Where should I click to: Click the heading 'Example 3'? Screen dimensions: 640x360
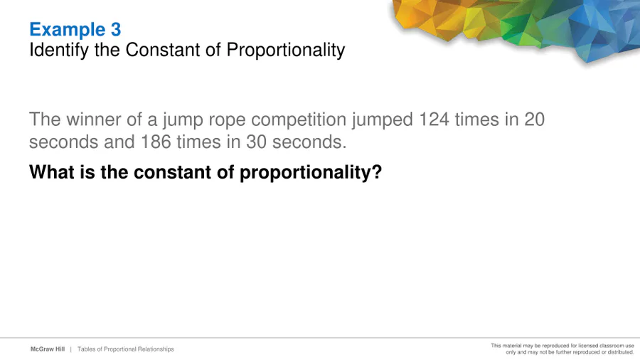(75, 29)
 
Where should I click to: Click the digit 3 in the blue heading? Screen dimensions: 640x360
(116, 29)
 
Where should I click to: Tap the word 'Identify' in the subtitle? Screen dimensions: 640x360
(59, 51)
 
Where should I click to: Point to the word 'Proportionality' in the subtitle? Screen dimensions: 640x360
(286, 51)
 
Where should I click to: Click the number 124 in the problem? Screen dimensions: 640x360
(434, 120)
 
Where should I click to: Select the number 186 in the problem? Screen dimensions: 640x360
(156, 142)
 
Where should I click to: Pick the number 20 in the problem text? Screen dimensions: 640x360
(534, 120)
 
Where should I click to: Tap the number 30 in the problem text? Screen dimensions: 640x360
(256, 142)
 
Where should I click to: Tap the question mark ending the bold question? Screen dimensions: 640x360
(377, 172)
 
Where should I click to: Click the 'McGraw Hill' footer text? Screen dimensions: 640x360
(48, 349)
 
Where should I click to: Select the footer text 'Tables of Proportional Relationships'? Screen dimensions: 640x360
(126, 349)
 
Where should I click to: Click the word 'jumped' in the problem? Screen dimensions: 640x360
(383, 121)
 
